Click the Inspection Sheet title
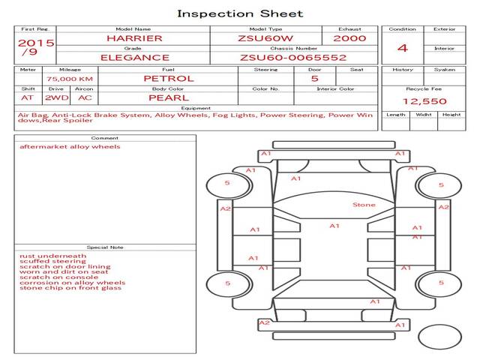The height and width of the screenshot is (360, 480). (240, 13)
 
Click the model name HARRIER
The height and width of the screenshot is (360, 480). (133, 38)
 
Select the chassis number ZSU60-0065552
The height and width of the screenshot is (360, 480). (293, 57)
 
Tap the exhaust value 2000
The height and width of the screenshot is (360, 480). (349, 38)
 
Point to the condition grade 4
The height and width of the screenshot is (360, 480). (403, 48)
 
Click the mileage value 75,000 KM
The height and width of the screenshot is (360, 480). (70, 79)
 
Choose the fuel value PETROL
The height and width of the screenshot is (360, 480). (169, 78)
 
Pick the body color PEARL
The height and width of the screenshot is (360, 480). (169, 97)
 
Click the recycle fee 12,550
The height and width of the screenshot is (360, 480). (424, 101)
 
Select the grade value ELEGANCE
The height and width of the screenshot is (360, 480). (135, 57)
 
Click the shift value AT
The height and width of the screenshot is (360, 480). (28, 97)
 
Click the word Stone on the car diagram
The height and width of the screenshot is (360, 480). (364, 205)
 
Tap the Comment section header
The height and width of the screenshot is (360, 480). (104, 138)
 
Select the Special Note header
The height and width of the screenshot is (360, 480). (104, 247)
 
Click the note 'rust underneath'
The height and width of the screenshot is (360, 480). (52, 256)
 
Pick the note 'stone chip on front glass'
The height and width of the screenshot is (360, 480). (70, 288)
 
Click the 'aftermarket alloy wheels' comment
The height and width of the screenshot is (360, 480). (70, 147)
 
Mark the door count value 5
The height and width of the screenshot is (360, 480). (314, 78)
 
